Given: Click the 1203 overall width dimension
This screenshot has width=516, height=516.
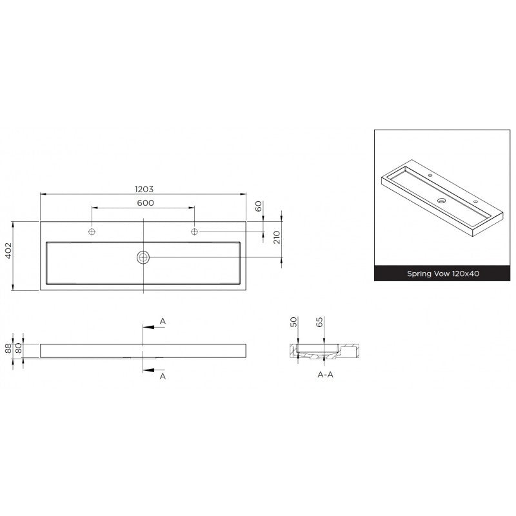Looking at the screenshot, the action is [x=144, y=189].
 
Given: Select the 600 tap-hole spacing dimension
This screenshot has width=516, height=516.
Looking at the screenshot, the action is [x=146, y=203].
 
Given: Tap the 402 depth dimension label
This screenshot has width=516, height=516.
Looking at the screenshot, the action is [x=8, y=250].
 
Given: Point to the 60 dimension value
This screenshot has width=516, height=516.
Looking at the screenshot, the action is [x=259, y=206].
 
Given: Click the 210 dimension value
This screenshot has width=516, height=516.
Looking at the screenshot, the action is [x=277, y=237].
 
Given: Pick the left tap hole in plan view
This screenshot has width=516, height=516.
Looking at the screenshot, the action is [x=92, y=232].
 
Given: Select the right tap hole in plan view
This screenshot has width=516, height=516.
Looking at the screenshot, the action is [x=195, y=232].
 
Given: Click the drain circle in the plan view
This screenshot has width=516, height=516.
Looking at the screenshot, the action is [x=143, y=257].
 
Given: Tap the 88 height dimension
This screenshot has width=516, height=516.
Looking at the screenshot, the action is [x=8, y=348].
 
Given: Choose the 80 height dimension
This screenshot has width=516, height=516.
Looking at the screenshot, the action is [x=19, y=348].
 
